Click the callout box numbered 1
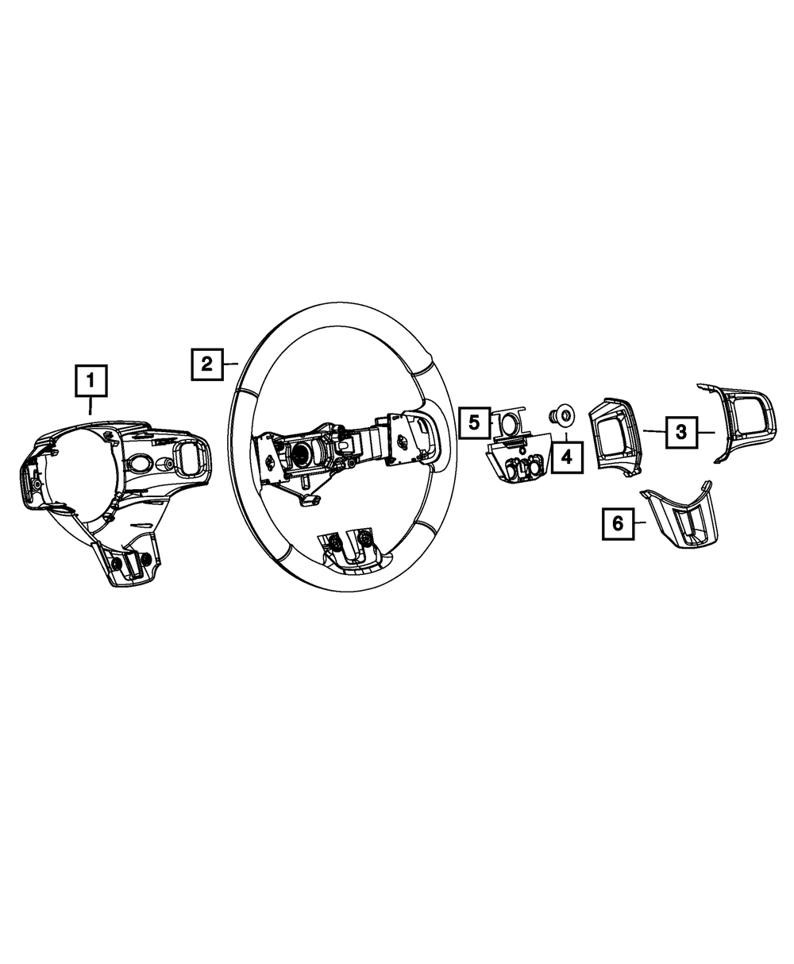[91, 380]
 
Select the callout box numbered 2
[206, 364]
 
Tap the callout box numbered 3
[680, 432]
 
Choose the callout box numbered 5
[474, 422]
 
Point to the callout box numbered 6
[618, 523]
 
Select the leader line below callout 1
[91, 406]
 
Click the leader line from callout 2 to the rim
[230, 364]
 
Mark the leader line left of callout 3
[653, 431]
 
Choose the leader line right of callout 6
[640, 522]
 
